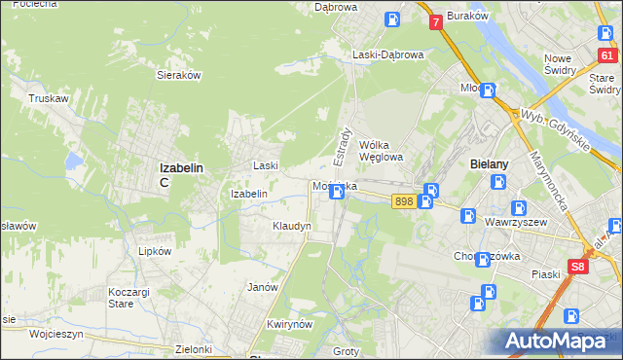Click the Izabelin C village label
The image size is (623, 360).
[x=181, y=173]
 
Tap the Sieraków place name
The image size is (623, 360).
[x=178, y=74]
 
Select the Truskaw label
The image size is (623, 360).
[x=47, y=98]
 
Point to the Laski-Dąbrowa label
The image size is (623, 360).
[x=388, y=55]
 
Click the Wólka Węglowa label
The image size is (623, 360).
[x=381, y=150]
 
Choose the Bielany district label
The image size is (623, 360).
[x=490, y=164]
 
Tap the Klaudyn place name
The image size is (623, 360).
[x=291, y=226]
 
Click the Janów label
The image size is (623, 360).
[x=264, y=287]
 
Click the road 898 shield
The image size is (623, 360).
[x=404, y=200]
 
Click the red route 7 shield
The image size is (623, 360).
[x=435, y=20]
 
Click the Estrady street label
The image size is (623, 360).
[x=343, y=143]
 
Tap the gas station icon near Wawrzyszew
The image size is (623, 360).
[x=519, y=208]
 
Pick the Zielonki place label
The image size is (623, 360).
[x=195, y=348]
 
